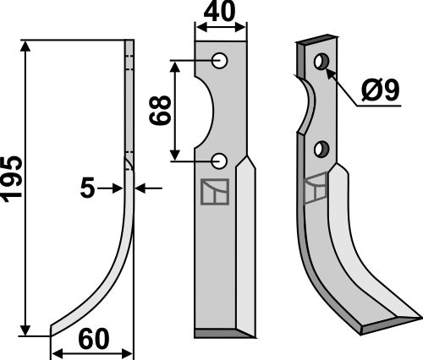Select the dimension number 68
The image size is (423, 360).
tap(162, 110)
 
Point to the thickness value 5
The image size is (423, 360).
tap(88, 189)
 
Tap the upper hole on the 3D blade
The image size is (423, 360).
tap(321, 62)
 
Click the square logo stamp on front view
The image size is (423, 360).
tap(214, 194)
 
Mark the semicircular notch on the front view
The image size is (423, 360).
tap(207, 110)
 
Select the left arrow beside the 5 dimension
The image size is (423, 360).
tap(119, 189)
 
